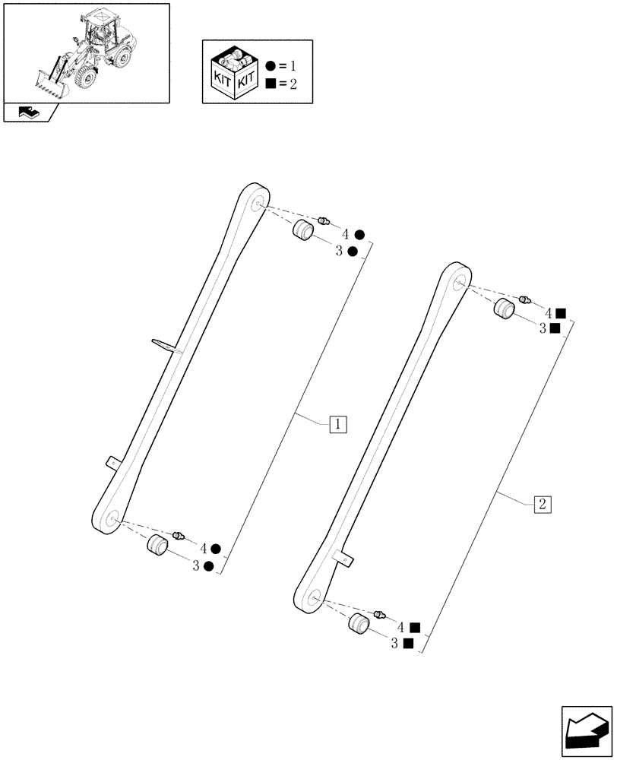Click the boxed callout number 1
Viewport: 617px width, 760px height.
coord(338,423)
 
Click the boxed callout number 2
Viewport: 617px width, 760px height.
coord(543,503)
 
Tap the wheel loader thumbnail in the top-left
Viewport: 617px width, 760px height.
coord(86,52)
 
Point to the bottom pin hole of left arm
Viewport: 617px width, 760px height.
coord(113,520)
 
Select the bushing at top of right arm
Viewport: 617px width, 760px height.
coord(505,309)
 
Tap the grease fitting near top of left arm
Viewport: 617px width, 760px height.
coord(324,220)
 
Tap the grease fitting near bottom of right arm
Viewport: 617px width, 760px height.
coord(381,613)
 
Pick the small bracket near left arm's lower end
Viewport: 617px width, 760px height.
coord(112,461)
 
